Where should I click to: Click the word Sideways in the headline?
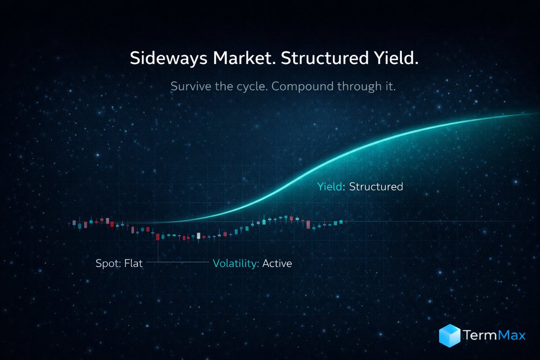pos(168,58)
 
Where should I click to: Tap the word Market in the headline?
pos(244,58)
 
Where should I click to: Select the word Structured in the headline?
pos(325,58)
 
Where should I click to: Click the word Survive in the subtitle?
pos(191,86)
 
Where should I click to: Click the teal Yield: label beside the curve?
pos(331,187)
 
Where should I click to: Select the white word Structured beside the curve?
pos(376,187)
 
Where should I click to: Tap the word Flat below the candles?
pos(133,263)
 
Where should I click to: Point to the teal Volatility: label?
pos(236,264)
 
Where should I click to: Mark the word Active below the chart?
pos(277,264)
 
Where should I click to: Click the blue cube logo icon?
pos(450,335)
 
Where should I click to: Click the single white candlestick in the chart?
pos(198,236)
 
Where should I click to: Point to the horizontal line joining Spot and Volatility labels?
pos(177,261)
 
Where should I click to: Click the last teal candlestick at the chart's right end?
pos(341,222)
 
